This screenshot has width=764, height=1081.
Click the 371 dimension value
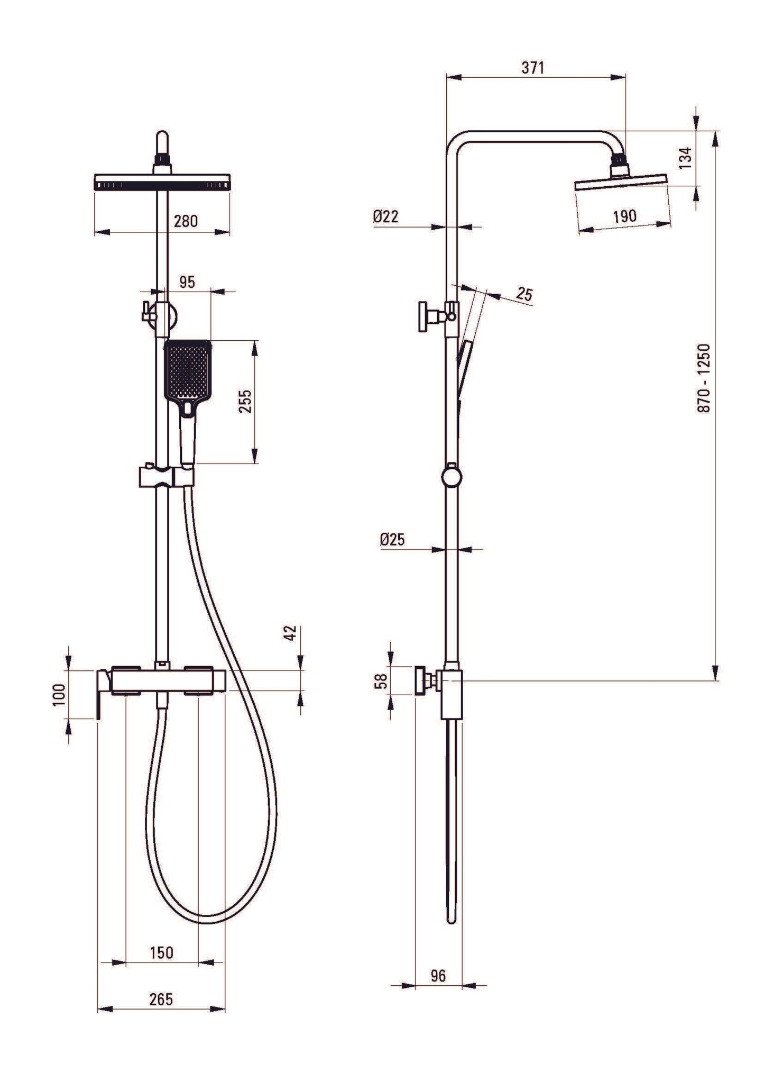click(x=532, y=68)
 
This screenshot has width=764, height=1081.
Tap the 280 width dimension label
click(x=186, y=221)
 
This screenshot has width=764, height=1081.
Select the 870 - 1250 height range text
click(x=704, y=378)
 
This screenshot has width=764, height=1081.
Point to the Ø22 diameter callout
click(x=385, y=216)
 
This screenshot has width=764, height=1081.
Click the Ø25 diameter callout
click(x=392, y=539)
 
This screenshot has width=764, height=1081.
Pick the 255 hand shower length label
click(x=245, y=402)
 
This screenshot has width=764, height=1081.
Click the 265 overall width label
click(x=161, y=999)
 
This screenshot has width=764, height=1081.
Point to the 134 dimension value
click(x=685, y=158)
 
